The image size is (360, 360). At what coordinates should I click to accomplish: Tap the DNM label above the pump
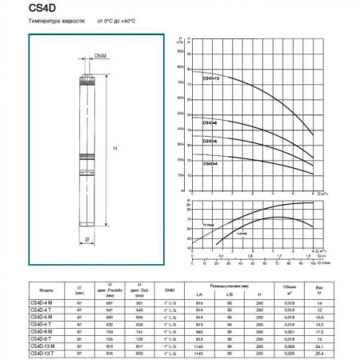pos(100,56)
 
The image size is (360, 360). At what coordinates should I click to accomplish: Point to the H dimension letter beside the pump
pos(115,149)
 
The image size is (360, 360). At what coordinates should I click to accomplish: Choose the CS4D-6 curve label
pos(210,141)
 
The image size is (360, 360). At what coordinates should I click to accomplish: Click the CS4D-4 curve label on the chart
pos(210,162)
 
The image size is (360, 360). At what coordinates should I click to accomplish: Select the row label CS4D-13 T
pos(42,352)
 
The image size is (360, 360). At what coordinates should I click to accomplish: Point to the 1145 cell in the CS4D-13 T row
pos(199,352)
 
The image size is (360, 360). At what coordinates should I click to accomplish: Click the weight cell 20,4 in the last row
pos(319,352)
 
